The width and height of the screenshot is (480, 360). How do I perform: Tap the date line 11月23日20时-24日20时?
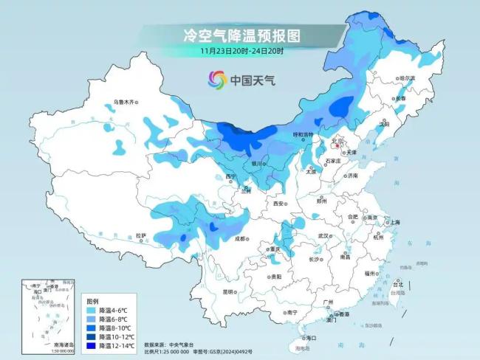[x=241, y=51]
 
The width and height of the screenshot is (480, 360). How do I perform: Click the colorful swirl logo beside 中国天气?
[x=217, y=79]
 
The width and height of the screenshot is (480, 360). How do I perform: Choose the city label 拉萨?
[x=140, y=236]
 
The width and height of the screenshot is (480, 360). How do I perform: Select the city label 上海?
[x=395, y=222]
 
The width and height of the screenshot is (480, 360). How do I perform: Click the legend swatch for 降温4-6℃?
[x=91, y=311]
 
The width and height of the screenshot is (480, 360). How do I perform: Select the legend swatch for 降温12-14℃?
[x=91, y=345]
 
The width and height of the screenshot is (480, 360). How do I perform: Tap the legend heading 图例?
[x=92, y=302]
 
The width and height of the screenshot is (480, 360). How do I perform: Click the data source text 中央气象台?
[x=179, y=345]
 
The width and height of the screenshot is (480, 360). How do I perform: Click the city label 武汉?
[x=323, y=236]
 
